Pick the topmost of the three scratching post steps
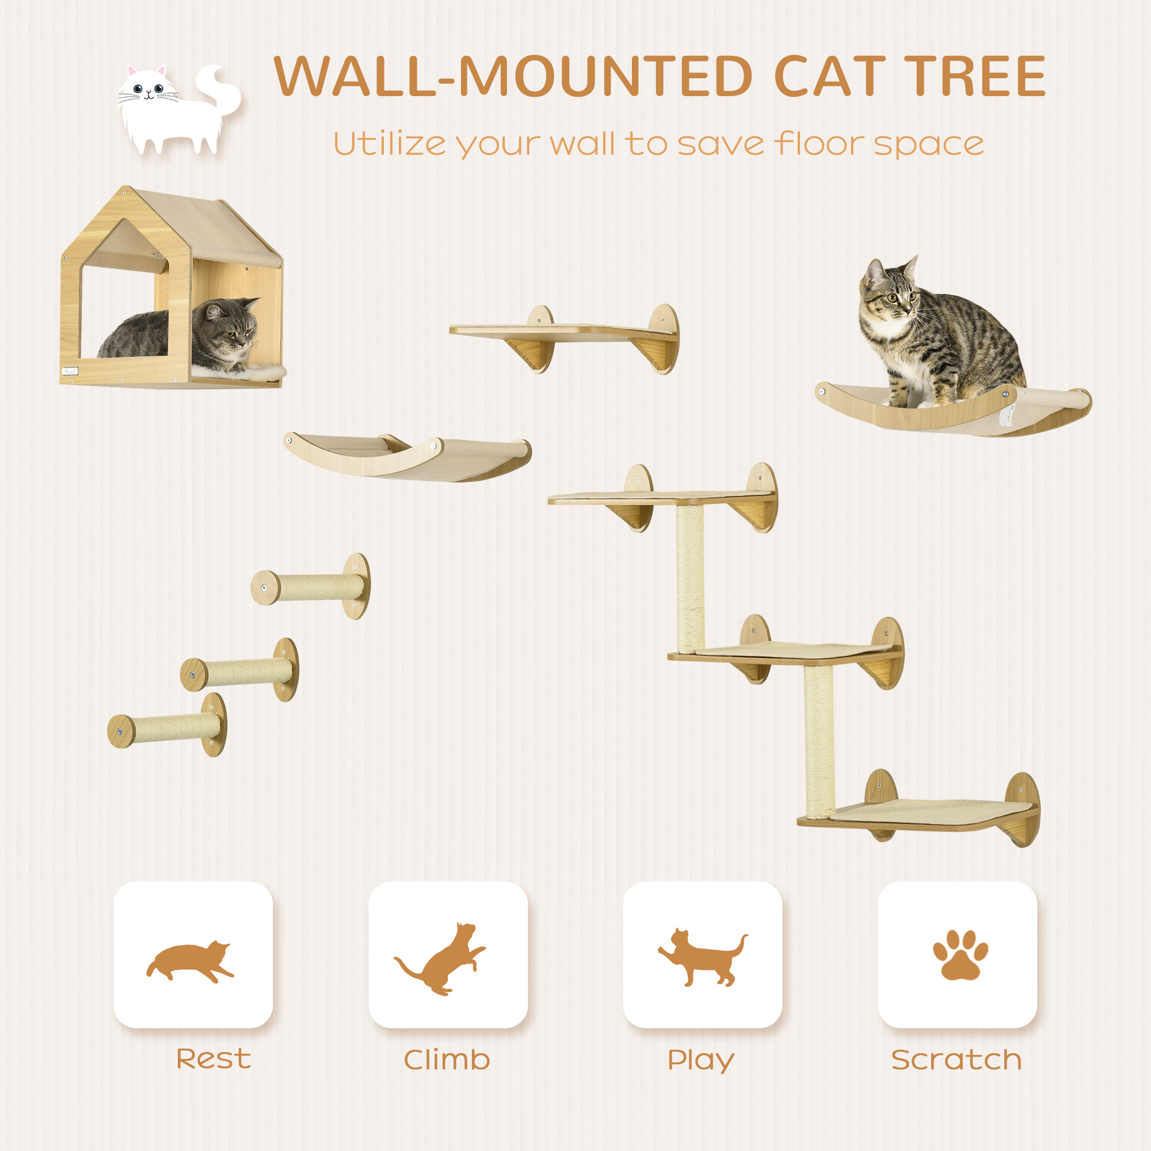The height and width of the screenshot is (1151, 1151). (316, 588)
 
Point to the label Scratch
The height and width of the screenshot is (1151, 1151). (956, 1060)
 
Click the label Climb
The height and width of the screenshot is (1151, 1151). (447, 1060)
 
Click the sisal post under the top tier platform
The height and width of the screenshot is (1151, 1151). (690, 578)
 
